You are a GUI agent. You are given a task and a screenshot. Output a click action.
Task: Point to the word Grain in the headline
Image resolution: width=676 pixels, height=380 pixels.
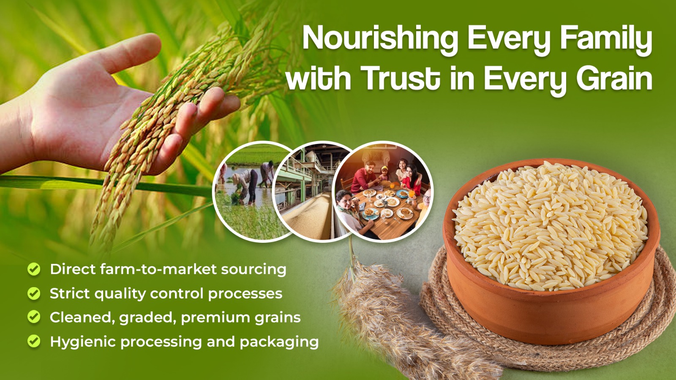[614, 78]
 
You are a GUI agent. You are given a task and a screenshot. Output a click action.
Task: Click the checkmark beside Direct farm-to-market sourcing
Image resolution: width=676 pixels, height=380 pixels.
[34, 269]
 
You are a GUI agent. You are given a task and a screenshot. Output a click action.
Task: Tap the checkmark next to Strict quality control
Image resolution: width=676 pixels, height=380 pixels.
[34, 293]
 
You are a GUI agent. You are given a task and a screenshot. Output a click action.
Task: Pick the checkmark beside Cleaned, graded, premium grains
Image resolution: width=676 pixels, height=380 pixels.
[34, 317]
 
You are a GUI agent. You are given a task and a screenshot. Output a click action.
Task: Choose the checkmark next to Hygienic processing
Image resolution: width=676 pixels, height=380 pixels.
[34, 341]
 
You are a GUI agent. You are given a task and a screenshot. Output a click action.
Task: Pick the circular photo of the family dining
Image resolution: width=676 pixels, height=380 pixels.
[383, 192]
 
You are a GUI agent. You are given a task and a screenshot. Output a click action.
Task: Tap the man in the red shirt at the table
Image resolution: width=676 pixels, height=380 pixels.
[364, 176]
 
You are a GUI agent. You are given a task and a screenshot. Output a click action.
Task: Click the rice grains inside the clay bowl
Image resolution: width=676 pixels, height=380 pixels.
[550, 226]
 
